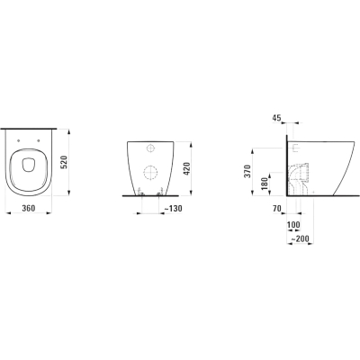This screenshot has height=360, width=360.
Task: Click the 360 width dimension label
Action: pos(29,208)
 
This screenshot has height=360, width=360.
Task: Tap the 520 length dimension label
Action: pos(65,163)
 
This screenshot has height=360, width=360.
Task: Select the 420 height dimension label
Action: pos(186,169)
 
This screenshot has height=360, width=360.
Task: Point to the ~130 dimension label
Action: pos(174,209)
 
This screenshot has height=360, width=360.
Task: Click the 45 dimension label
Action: pos(276,118)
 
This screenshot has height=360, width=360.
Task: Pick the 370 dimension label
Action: pos(247,171)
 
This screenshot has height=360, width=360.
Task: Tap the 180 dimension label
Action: pos(264,184)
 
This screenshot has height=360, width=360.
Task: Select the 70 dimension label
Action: pos(276,208)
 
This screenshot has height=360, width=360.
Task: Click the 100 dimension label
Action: pos(293,224)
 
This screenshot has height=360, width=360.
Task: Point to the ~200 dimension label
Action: pos(300,238)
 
